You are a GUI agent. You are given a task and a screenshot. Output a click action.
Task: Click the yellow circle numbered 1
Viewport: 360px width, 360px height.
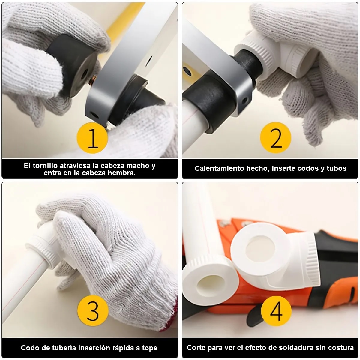(x=92, y=138)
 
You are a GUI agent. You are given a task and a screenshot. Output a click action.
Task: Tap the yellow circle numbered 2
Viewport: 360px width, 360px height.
(x=276, y=138)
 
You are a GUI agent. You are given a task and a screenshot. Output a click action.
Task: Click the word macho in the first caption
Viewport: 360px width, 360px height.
(x=138, y=166)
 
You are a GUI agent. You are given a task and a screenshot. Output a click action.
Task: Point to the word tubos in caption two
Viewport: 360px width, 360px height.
(x=337, y=168)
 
